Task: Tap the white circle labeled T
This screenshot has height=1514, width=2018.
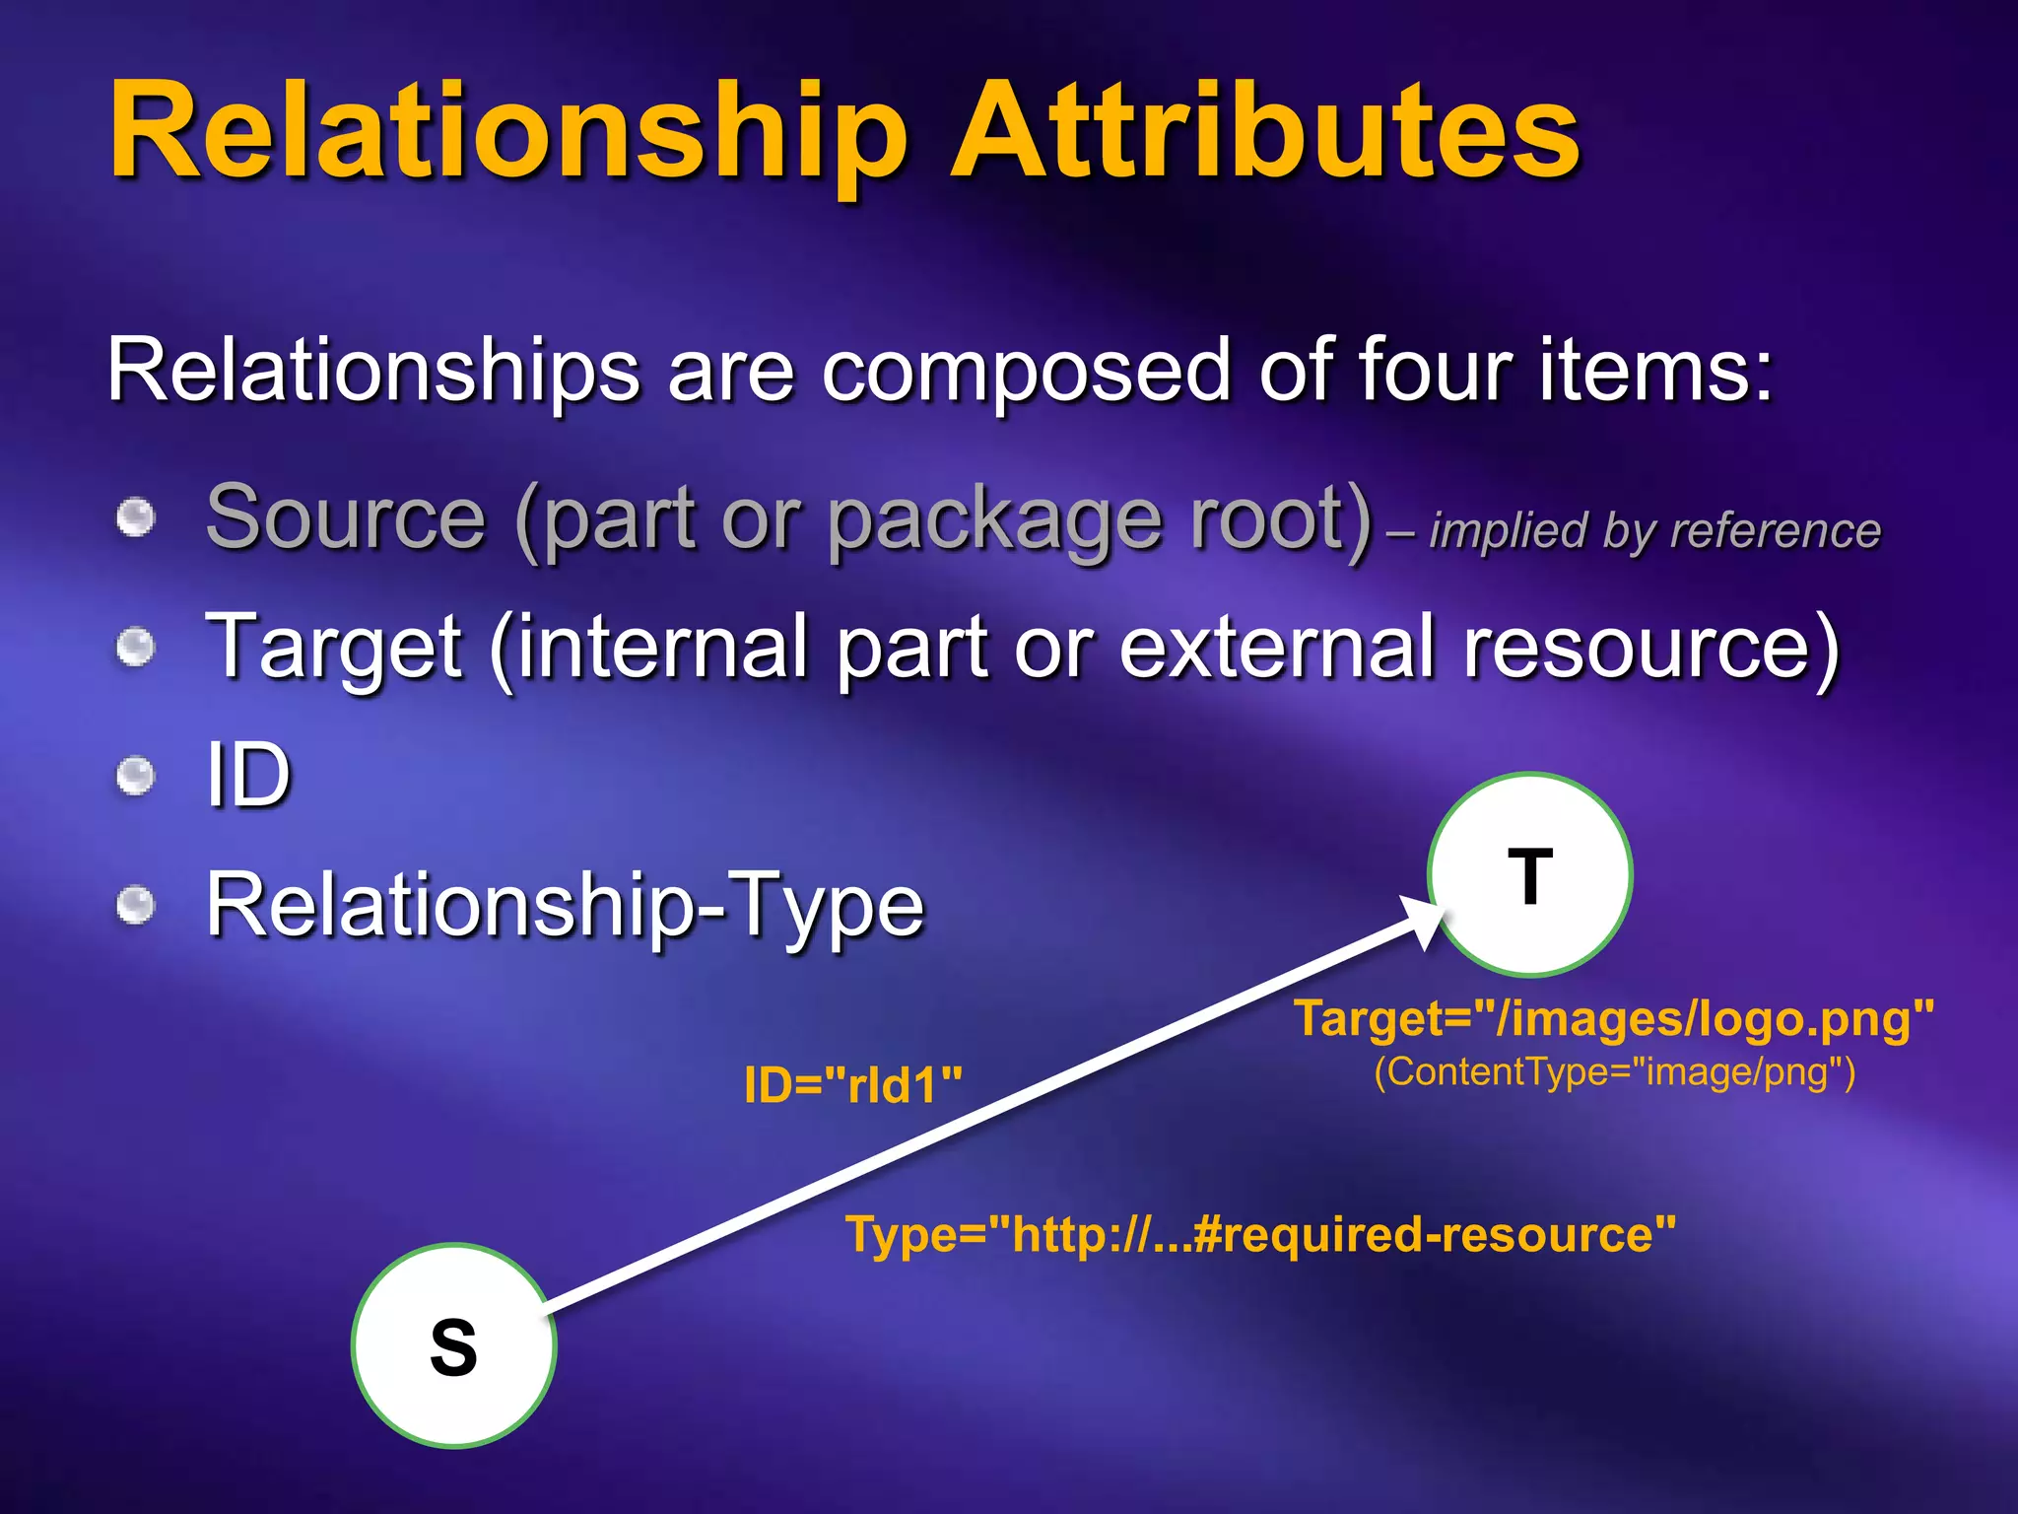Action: pos(1529,875)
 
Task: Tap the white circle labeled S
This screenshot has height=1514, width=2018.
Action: pos(453,1346)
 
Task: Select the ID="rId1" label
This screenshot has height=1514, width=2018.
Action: pos(853,1085)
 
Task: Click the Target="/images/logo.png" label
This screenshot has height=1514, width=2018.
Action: pos(1614,1018)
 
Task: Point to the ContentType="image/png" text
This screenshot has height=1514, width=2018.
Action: pos(1614,1071)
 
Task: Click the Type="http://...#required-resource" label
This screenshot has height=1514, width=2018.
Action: pos(1260,1234)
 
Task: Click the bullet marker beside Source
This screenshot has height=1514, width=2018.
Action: pos(136,518)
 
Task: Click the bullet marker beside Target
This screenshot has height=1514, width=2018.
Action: pos(136,648)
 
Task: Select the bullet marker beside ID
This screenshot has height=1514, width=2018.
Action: pos(136,776)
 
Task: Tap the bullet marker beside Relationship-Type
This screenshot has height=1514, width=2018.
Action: pos(136,905)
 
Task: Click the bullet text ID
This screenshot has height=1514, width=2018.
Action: pos(248,776)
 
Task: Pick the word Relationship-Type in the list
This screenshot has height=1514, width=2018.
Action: pos(565,905)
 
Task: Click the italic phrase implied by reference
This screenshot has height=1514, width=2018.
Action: pos(1654,530)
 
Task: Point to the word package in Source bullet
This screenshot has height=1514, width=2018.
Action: pos(996,520)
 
